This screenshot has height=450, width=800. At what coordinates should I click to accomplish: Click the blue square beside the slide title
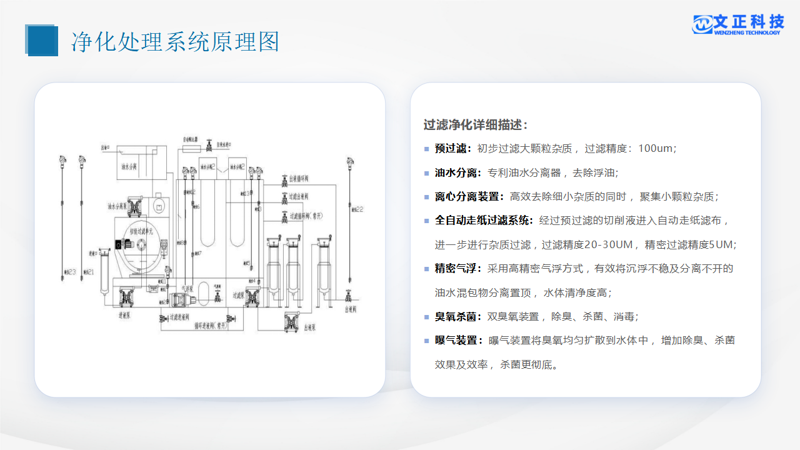pos(42,41)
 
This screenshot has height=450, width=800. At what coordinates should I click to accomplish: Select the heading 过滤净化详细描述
pos(476,124)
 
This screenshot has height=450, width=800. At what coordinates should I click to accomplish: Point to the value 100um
pos(656,149)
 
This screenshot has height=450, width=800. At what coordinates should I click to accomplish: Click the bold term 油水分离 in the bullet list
pos(457,172)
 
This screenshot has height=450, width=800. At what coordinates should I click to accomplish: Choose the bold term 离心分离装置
pos(469,197)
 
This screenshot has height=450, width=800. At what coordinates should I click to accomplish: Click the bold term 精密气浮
pos(457,269)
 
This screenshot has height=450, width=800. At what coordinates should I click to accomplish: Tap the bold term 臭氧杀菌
pos(457,317)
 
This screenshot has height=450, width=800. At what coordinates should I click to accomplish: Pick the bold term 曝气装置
pos(457,341)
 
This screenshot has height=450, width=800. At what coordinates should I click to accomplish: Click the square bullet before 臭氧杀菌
pos(427,317)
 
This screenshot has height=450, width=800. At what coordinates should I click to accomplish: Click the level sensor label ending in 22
pos(358,209)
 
